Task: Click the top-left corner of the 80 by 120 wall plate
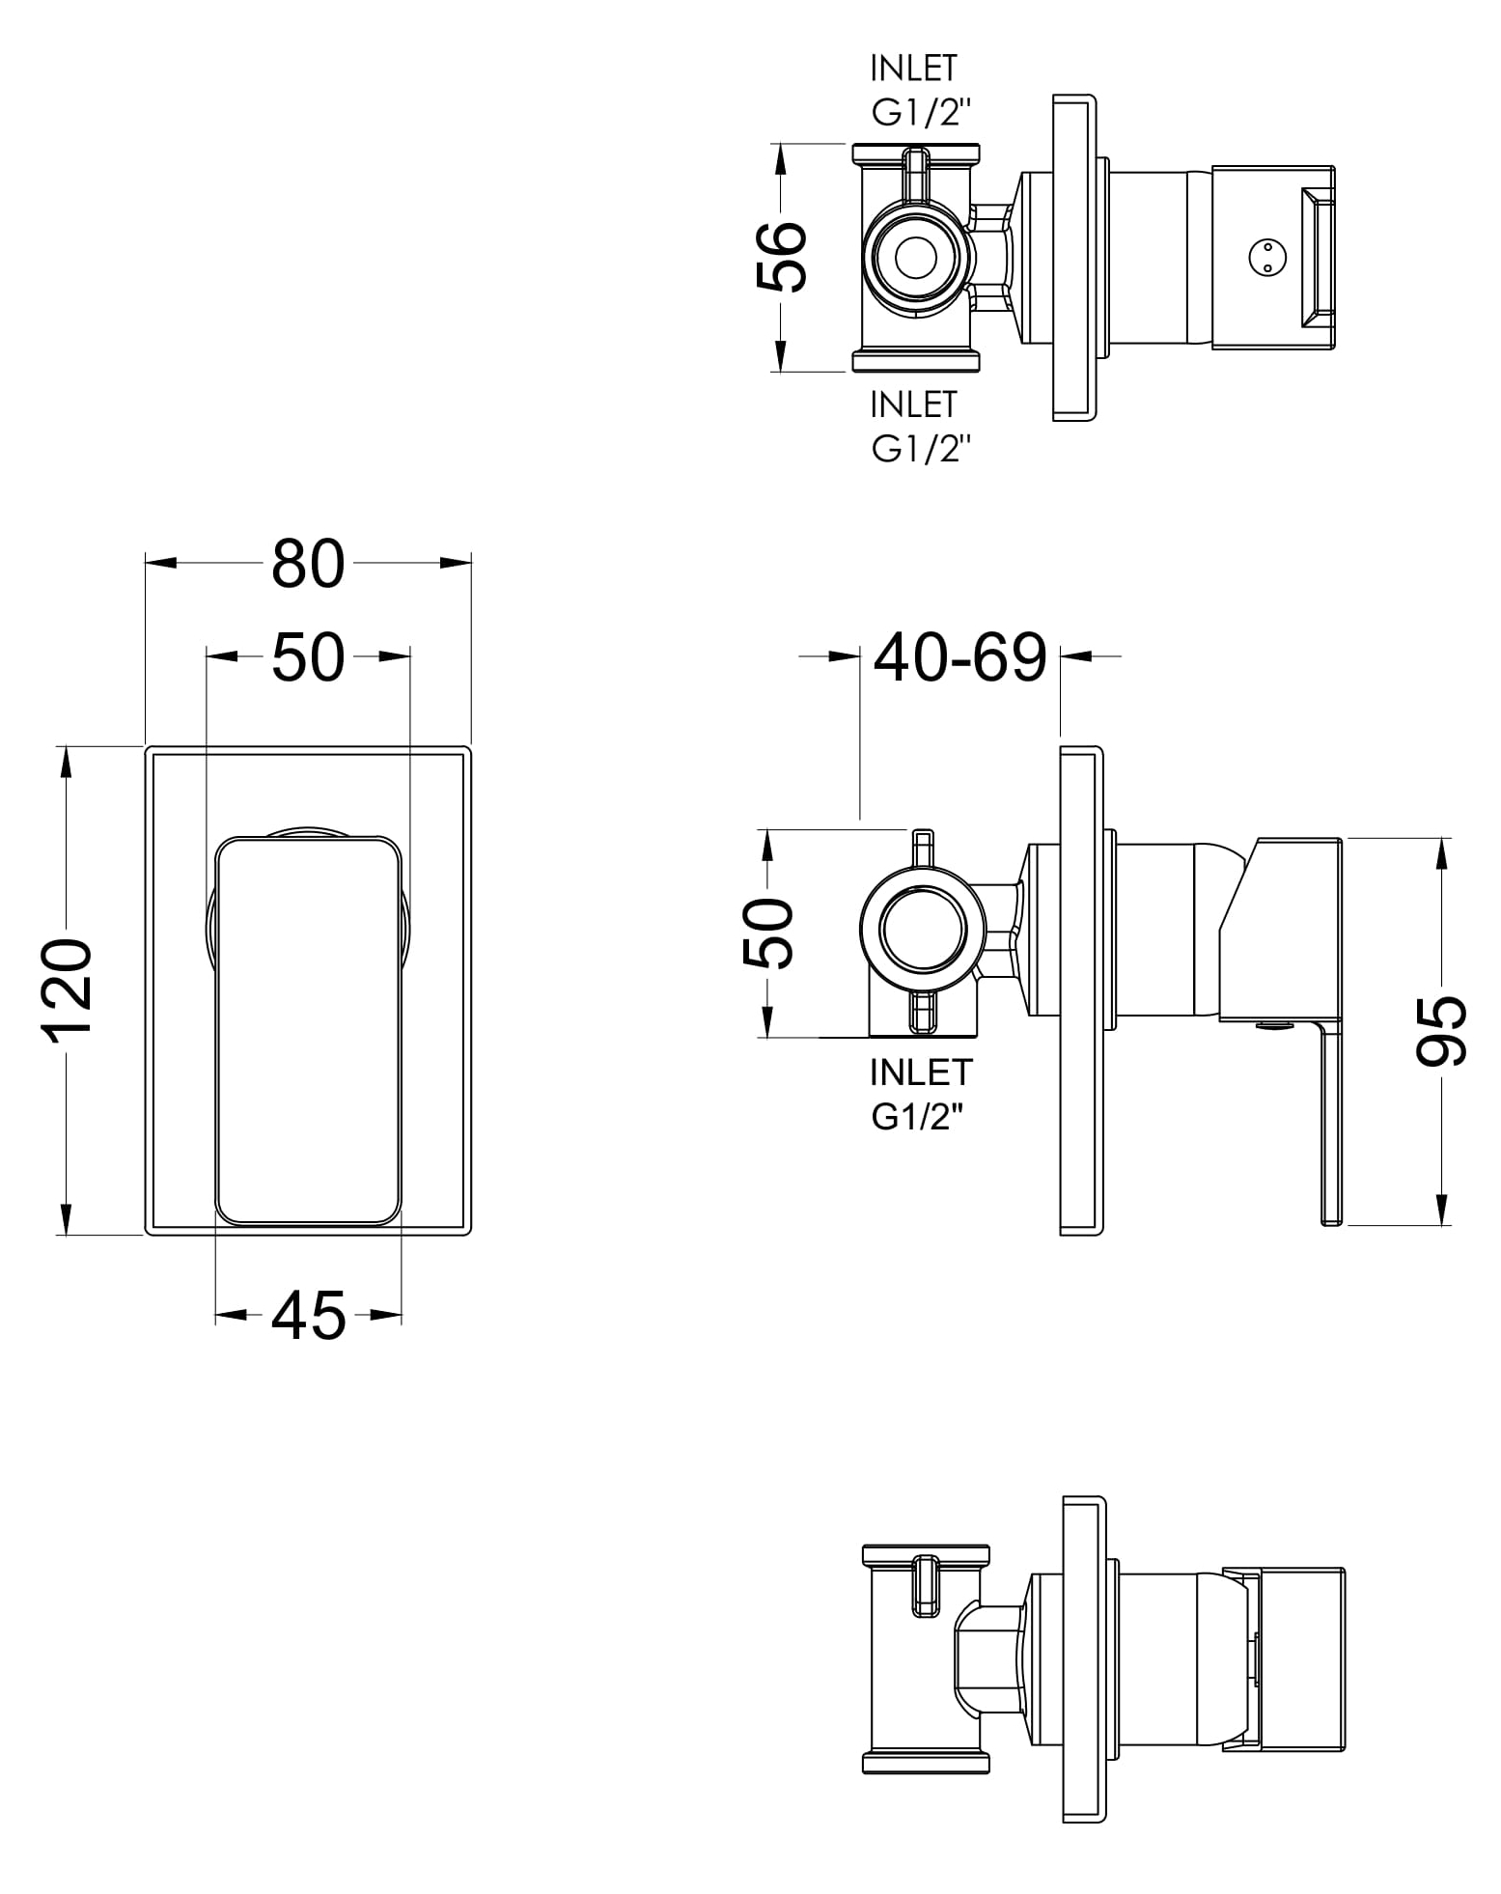[146, 747]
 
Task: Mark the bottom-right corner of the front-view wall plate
[471, 1235]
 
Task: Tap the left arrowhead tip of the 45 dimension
[215, 1314]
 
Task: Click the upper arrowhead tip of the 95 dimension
[1444, 837]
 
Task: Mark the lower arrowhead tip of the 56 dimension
[778, 372]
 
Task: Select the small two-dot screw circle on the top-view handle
[1261, 257]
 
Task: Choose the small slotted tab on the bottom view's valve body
[925, 1583]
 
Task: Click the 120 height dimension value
[68, 987]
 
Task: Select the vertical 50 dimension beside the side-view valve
[767, 933]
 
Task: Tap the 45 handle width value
[308, 1315]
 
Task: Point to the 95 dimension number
[1442, 1031]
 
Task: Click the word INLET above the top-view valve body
[913, 69]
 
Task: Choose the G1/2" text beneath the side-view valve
[919, 1117]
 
